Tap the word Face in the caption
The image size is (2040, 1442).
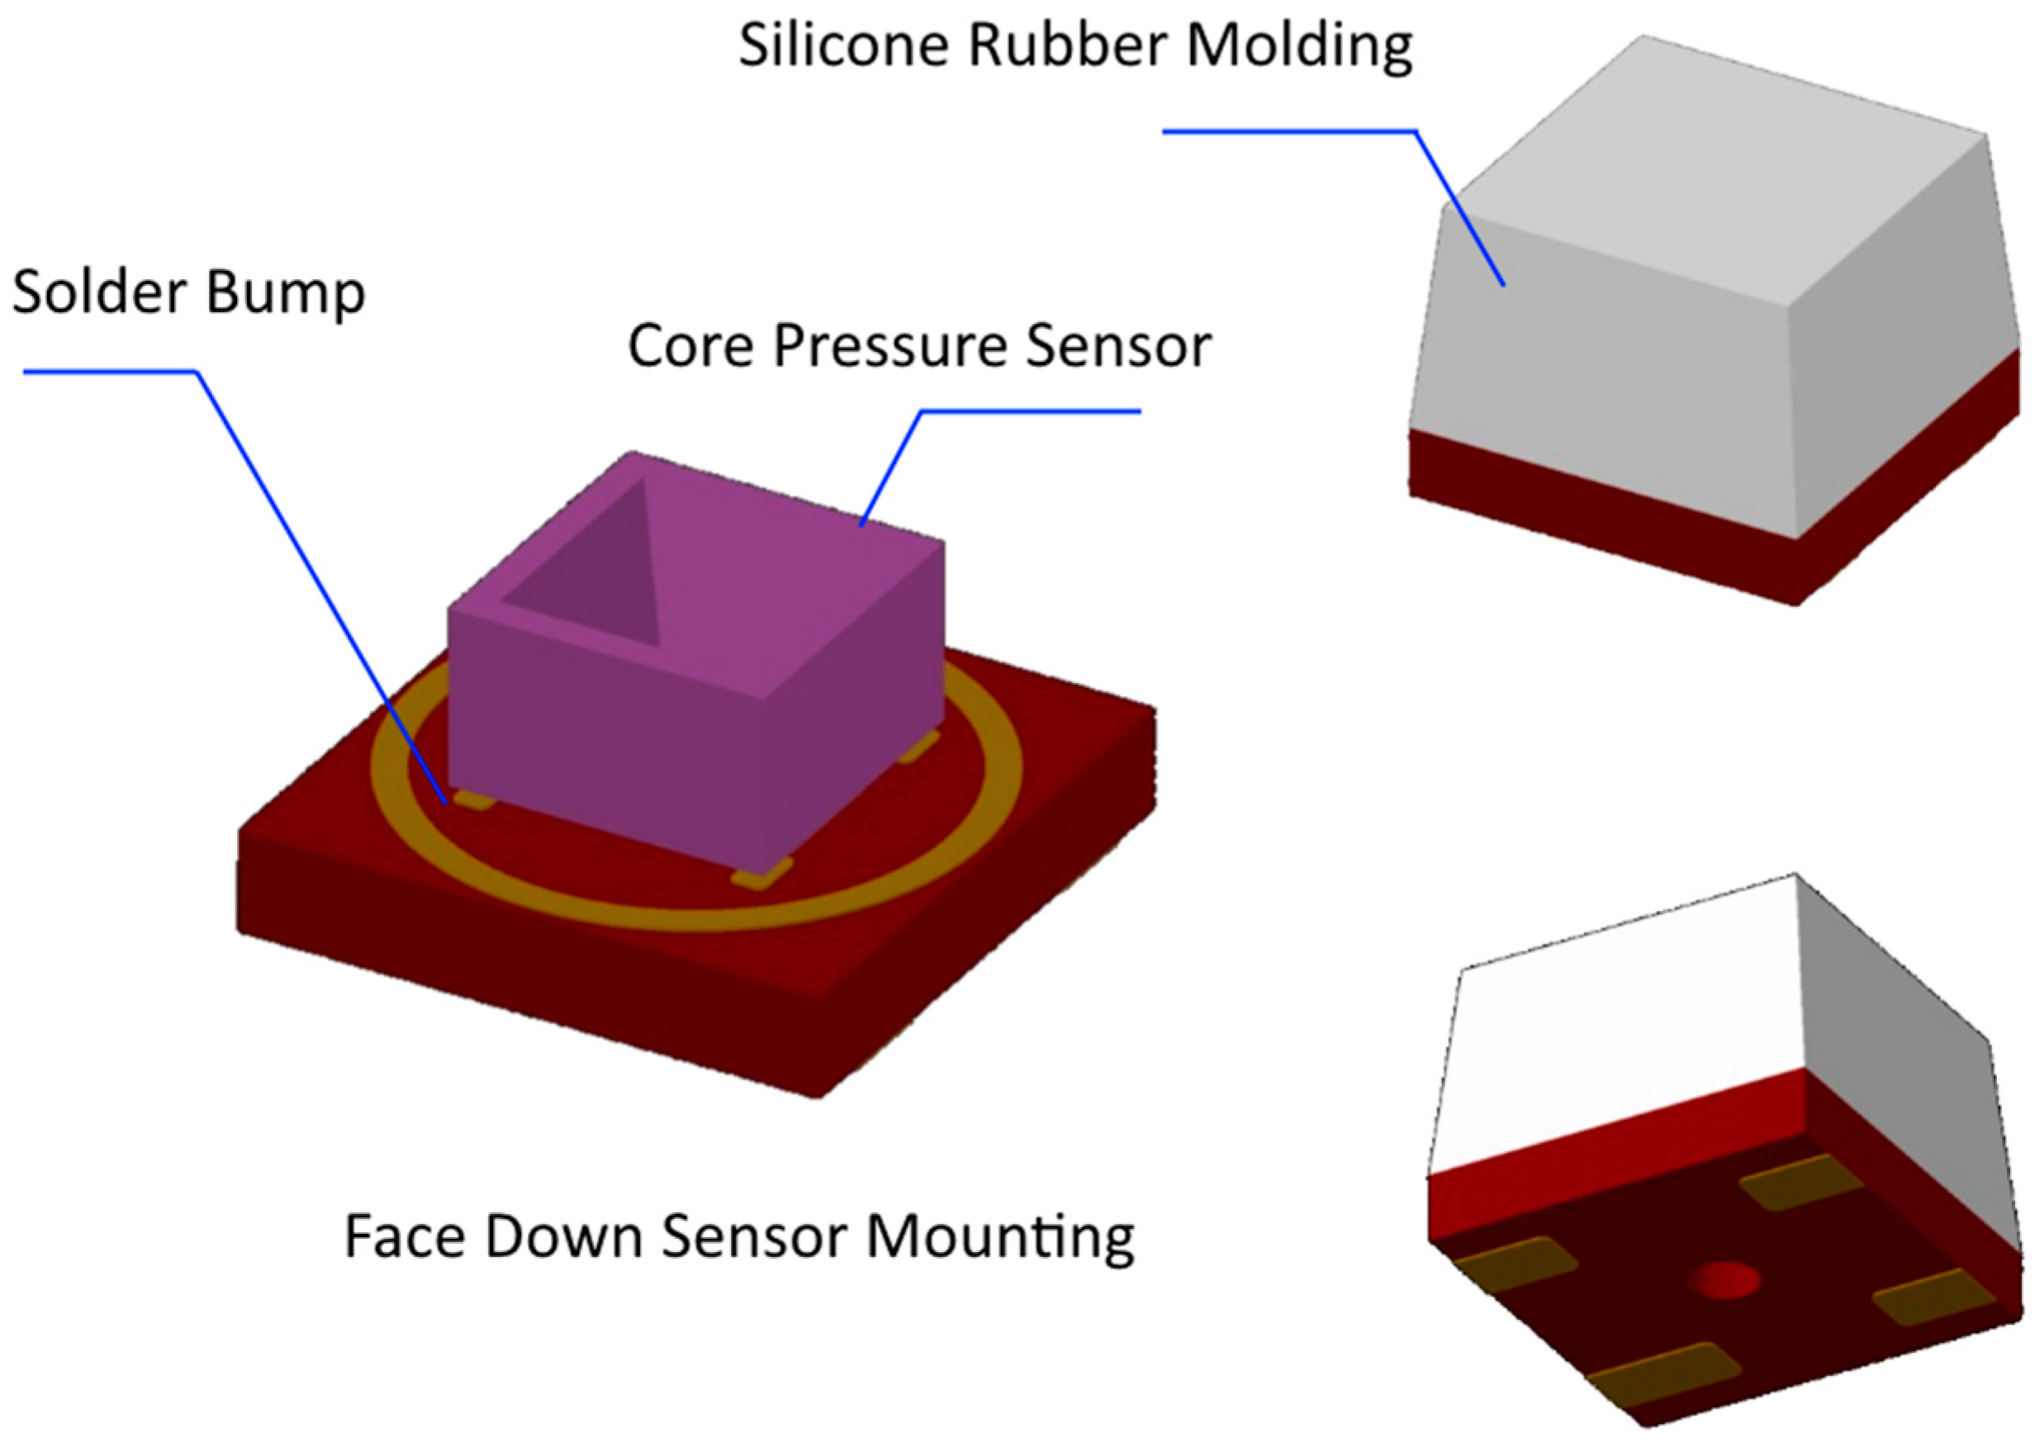404,1236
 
